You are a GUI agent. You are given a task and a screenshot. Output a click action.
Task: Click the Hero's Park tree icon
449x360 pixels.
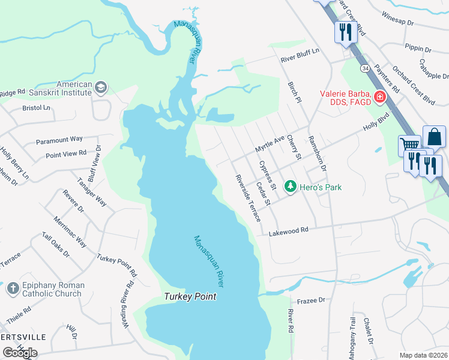[x=291, y=187]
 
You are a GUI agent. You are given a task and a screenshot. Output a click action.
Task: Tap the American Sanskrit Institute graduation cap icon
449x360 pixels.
[x=100, y=89]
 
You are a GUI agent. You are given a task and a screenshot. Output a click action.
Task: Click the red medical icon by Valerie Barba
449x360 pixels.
[x=379, y=97]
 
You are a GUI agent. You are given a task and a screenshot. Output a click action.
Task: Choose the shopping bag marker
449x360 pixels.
[x=434, y=137]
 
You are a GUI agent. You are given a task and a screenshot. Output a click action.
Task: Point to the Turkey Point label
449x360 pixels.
[x=190, y=297]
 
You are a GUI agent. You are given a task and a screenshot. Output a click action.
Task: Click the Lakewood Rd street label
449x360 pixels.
[x=288, y=230]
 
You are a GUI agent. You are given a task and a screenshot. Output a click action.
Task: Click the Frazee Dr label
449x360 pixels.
[x=310, y=299]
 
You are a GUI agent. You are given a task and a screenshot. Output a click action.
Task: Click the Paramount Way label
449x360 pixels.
[x=59, y=140]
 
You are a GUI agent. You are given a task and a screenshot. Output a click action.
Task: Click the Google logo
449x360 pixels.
[x=20, y=353]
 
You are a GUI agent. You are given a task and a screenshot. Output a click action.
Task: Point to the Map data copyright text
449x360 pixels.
[x=424, y=355]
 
